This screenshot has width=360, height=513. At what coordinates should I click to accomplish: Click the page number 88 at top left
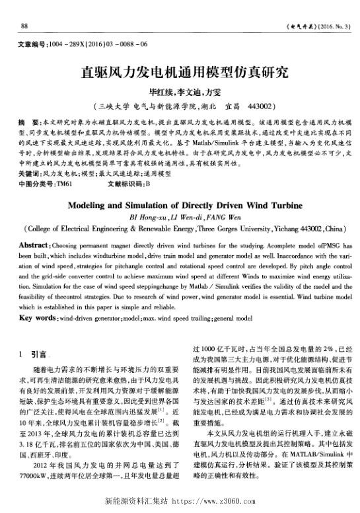click(x=24, y=26)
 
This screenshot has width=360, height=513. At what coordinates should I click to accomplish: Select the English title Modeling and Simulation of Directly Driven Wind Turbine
click(x=180, y=205)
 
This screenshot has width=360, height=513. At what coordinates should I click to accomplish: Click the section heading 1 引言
click(x=36, y=354)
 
